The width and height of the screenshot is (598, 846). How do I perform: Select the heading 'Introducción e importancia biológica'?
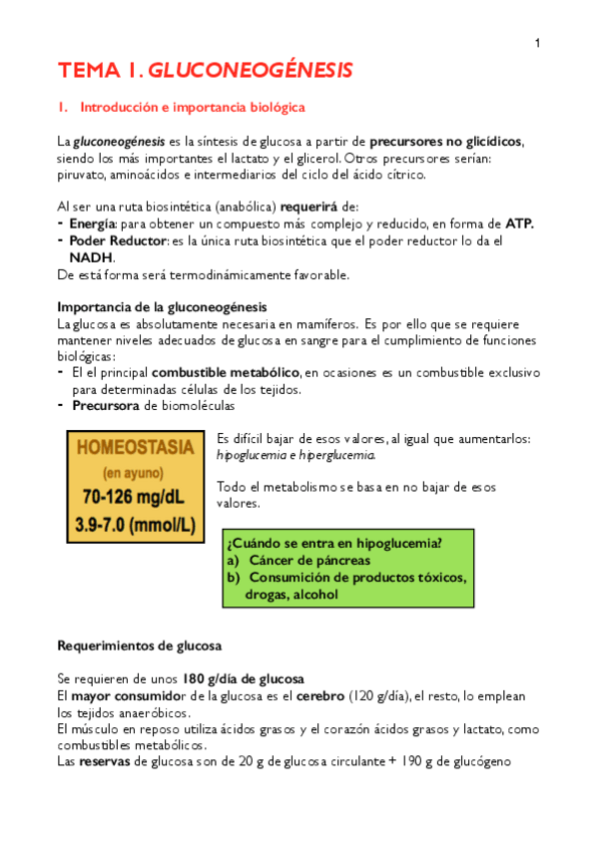193,107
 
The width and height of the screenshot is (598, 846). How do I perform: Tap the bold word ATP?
520,223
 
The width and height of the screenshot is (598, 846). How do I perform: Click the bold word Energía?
93,223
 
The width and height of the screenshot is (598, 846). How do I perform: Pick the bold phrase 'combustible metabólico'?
226,372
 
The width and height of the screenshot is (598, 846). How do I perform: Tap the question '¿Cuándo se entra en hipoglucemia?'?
334,544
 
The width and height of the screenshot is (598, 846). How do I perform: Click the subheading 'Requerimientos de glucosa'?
139,645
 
